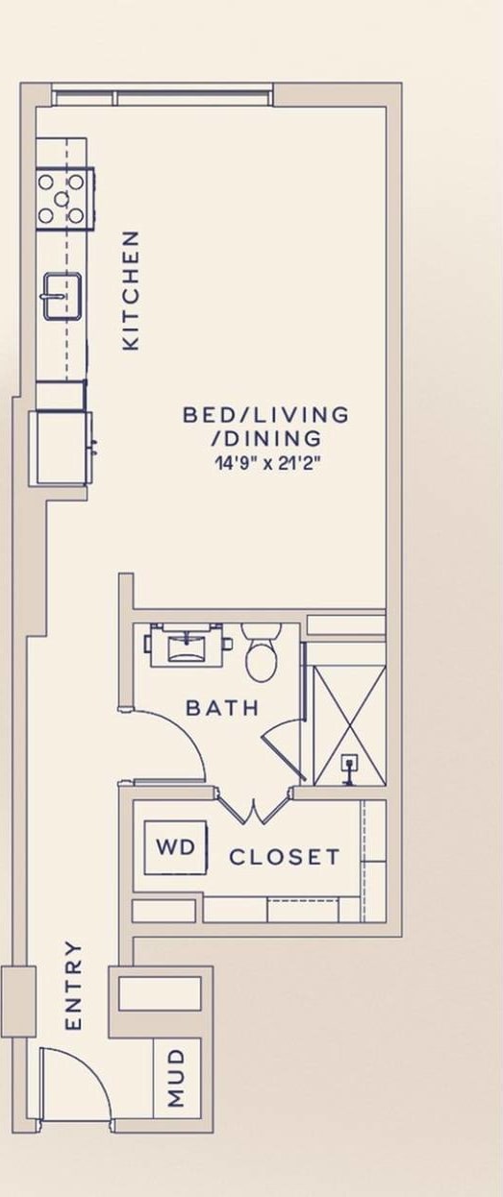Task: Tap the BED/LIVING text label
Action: tap(265, 415)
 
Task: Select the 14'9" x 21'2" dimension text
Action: tap(265, 462)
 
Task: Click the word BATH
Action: tap(222, 708)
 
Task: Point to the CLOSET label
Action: tap(284, 857)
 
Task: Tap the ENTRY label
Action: tap(74, 986)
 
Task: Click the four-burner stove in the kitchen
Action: tap(65, 198)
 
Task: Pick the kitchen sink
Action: tap(62, 295)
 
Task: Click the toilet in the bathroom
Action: tap(261, 654)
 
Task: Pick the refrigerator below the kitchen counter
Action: tap(62, 447)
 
